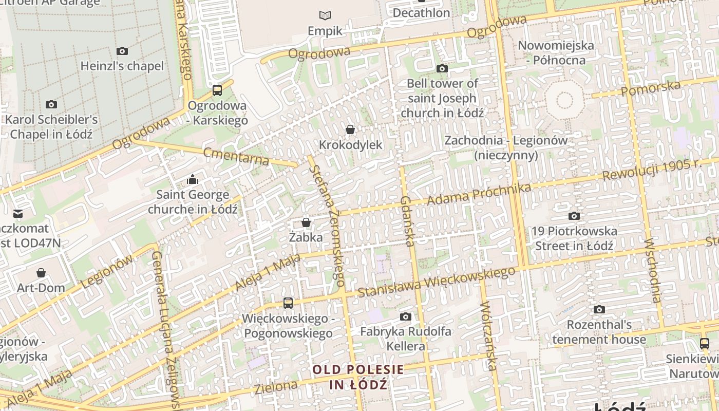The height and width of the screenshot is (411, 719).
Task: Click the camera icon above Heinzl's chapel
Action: [122, 51]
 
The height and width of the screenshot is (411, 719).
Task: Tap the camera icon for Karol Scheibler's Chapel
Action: [51, 105]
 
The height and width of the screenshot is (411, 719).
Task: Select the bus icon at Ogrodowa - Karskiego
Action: [217, 90]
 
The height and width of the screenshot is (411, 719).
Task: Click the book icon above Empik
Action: [325, 15]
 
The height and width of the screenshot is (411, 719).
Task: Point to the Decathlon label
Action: [421, 13]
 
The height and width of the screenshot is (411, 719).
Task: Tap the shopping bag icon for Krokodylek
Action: [350, 129]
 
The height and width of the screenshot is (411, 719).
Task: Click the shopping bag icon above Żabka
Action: [306, 222]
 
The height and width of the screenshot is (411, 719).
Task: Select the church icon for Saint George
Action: [193, 179]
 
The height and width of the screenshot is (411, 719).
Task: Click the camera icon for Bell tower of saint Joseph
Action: [442, 68]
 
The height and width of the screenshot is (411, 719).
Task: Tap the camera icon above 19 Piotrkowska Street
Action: [574, 216]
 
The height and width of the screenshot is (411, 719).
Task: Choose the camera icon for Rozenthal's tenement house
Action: [599, 309]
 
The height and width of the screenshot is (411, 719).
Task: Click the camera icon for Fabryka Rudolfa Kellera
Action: [406, 316]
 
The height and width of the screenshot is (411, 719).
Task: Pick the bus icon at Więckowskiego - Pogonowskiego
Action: [288, 303]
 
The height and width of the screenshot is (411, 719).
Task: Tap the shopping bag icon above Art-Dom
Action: [41, 273]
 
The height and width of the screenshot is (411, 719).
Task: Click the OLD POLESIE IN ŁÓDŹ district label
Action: [358, 377]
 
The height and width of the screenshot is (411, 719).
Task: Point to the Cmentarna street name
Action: [236, 156]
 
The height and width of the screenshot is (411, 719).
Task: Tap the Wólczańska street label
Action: [488, 336]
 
